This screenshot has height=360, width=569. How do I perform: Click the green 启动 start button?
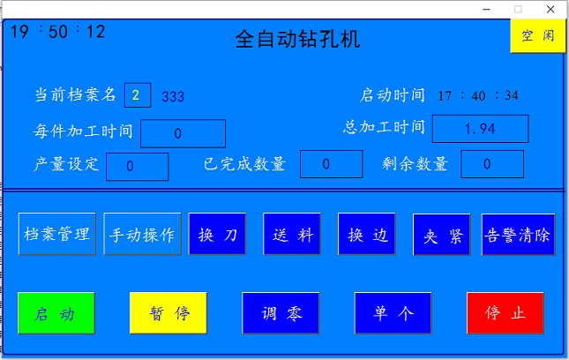(x=56, y=313)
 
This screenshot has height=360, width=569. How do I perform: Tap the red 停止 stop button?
(x=505, y=313)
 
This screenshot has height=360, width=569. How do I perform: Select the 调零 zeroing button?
(x=281, y=313)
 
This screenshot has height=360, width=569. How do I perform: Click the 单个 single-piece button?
(x=393, y=313)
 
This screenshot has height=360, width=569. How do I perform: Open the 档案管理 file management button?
(x=57, y=234)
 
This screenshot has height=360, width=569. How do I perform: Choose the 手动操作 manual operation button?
(x=142, y=234)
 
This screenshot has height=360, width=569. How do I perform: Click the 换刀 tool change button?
(x=217, y=234)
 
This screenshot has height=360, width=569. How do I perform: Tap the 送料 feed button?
(x=292, y=234)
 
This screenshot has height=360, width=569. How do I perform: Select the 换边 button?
(x=367, y=234)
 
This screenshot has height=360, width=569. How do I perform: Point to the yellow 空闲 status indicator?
(x=538, y=36)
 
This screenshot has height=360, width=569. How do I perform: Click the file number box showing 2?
(x=138, y=95)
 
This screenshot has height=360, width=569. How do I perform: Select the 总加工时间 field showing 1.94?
(x=481, y=129)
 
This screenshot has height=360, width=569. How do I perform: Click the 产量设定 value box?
(x=137, y=167)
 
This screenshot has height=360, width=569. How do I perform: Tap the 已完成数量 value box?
(x=332, y=164)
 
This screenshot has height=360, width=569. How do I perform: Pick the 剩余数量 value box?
(x=492, y=164)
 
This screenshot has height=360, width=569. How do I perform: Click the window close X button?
(x=550, y=9)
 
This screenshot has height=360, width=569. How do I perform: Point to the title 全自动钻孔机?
(x=297, y=39)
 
